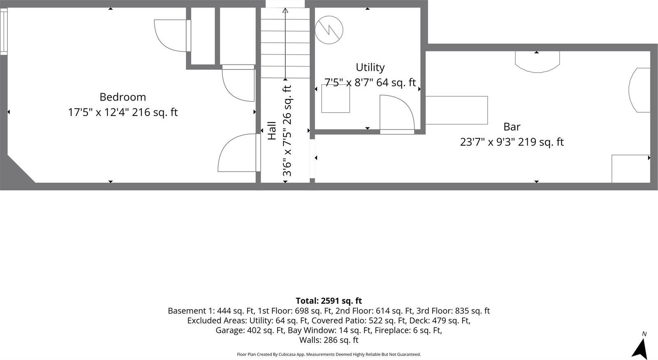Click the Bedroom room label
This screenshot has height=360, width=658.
pos(123,97)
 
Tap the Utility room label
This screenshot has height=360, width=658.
pos(370,67)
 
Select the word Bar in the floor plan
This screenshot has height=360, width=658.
pos(512,127)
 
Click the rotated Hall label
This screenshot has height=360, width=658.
pos(272,131)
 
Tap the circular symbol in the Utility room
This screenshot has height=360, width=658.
pos(329,30)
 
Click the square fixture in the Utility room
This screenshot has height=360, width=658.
pos(336,99)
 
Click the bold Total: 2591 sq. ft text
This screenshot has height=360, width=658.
pos(329,301)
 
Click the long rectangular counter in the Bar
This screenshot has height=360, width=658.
pos(456,110)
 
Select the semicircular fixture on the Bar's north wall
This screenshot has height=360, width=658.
pos(538,61)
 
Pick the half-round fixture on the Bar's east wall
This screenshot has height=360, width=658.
pos(639,90)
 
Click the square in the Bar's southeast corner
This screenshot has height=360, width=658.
pos(630,168)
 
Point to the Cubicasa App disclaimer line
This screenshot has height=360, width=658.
pos(329,354)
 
